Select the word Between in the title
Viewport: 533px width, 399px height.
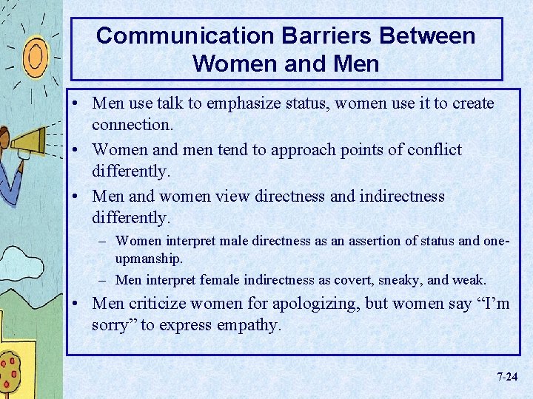point(431,35)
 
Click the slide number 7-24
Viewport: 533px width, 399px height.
point(507,377)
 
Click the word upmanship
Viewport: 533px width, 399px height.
point(149,260)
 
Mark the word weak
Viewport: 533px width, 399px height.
point(470,280)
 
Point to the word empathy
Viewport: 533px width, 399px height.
point(249,324)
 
